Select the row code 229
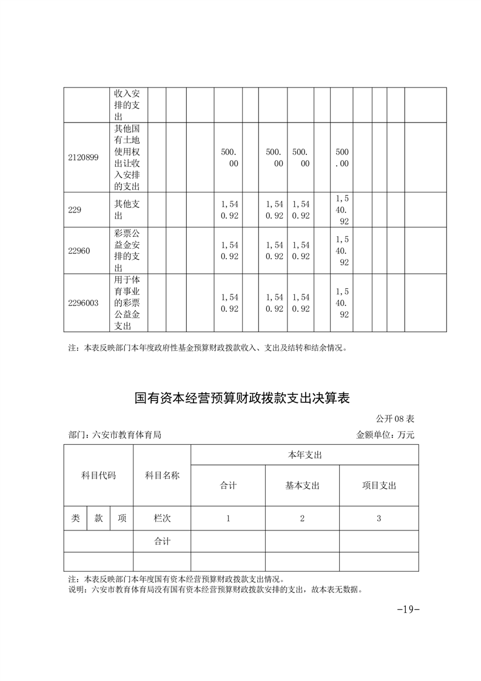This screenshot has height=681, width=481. coord(75,209)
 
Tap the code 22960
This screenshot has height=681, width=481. coord(79,251)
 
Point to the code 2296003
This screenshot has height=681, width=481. coord(83,303)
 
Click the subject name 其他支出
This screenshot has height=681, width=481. coord(127,209)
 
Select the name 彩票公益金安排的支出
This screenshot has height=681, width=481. coord(127,251)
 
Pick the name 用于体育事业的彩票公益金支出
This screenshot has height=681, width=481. coord(127,303)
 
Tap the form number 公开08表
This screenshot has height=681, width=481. coord(395,419)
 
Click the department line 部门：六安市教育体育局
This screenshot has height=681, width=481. coord(115,435)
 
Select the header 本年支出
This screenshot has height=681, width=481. coord(304,455)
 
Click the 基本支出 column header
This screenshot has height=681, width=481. coord(302,486)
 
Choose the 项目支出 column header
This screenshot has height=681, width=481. coord(378,486)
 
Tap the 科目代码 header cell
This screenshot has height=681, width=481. coord(98,475)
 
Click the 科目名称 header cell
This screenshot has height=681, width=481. coord(162,475)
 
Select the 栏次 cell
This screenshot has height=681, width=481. coord(162,518)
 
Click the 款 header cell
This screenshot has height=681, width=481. coord(98,518)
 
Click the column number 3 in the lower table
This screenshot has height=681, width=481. coord(378,518)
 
